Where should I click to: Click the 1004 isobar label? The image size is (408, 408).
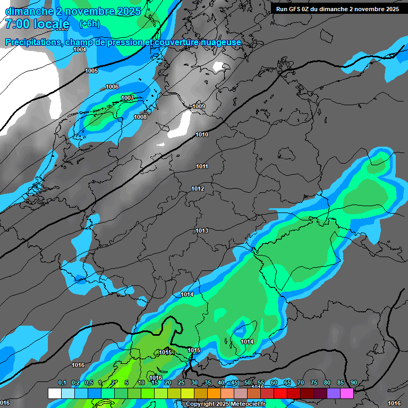pos(80,49)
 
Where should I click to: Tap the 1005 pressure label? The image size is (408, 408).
pos(91,71)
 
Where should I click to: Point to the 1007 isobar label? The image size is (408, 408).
pos(127,98)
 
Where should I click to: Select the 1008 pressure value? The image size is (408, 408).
pos(140,117)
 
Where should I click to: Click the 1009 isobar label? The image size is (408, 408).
pos(199,107)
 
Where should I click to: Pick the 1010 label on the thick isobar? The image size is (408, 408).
pos(202,134)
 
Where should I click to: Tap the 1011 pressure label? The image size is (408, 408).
pos(202,167)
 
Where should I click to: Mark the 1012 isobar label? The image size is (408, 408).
pos(198,189)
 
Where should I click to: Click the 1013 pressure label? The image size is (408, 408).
pos(202,231)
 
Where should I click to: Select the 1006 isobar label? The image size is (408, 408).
pos(112,87)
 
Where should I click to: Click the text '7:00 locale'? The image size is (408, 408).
pos(37,24)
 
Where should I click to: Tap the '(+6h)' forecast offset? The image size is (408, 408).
pos(89,24)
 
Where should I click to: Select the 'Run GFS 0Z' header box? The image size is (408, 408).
pos(337,9)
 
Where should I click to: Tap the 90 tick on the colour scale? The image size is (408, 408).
pos(353,382)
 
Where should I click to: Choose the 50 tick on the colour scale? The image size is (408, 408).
pos(248,382)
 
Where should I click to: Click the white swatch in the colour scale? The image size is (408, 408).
pos(54,393)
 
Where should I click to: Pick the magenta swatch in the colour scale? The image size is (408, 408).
pos(347,393)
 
